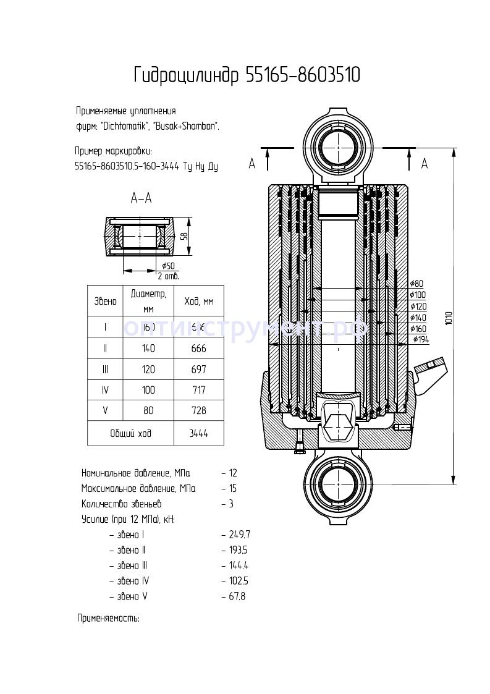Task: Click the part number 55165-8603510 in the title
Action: pos(303,75)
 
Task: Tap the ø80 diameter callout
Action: pos(417,284)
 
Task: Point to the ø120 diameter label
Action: pos(418,306)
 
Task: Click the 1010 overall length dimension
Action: pos(449,318)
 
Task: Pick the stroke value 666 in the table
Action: pos(198,349)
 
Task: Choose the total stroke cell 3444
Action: pos(198,434)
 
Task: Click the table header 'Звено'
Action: pos(105,302)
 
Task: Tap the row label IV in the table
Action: pos(105,390)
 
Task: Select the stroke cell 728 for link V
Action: pos(198,411)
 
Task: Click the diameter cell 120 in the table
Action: pos(148,369)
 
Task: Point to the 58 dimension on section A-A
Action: pos(184,236)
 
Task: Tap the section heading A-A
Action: pos(142,198)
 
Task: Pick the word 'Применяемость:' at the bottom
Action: pos(108,617)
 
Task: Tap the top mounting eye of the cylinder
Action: pos(337,147)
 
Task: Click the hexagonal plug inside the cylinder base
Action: pos(337,425)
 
